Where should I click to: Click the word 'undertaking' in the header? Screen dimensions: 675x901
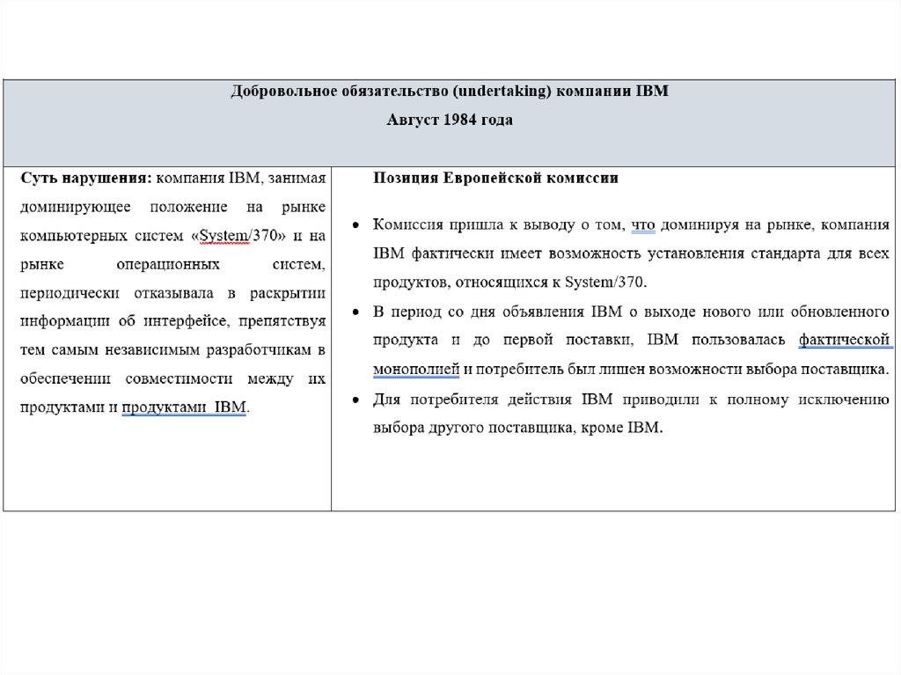[x=507, y=92]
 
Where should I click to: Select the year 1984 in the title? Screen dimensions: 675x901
[x=458, y=121]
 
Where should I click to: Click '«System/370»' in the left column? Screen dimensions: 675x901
[x=237, y=236]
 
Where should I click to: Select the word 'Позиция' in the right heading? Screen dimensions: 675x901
[x=400, y=179]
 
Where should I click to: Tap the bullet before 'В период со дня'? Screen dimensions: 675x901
[x=354, y=312]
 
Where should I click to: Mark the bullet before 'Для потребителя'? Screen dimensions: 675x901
[x=354, y=400]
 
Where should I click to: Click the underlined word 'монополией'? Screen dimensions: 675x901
[x=416, y=369]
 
